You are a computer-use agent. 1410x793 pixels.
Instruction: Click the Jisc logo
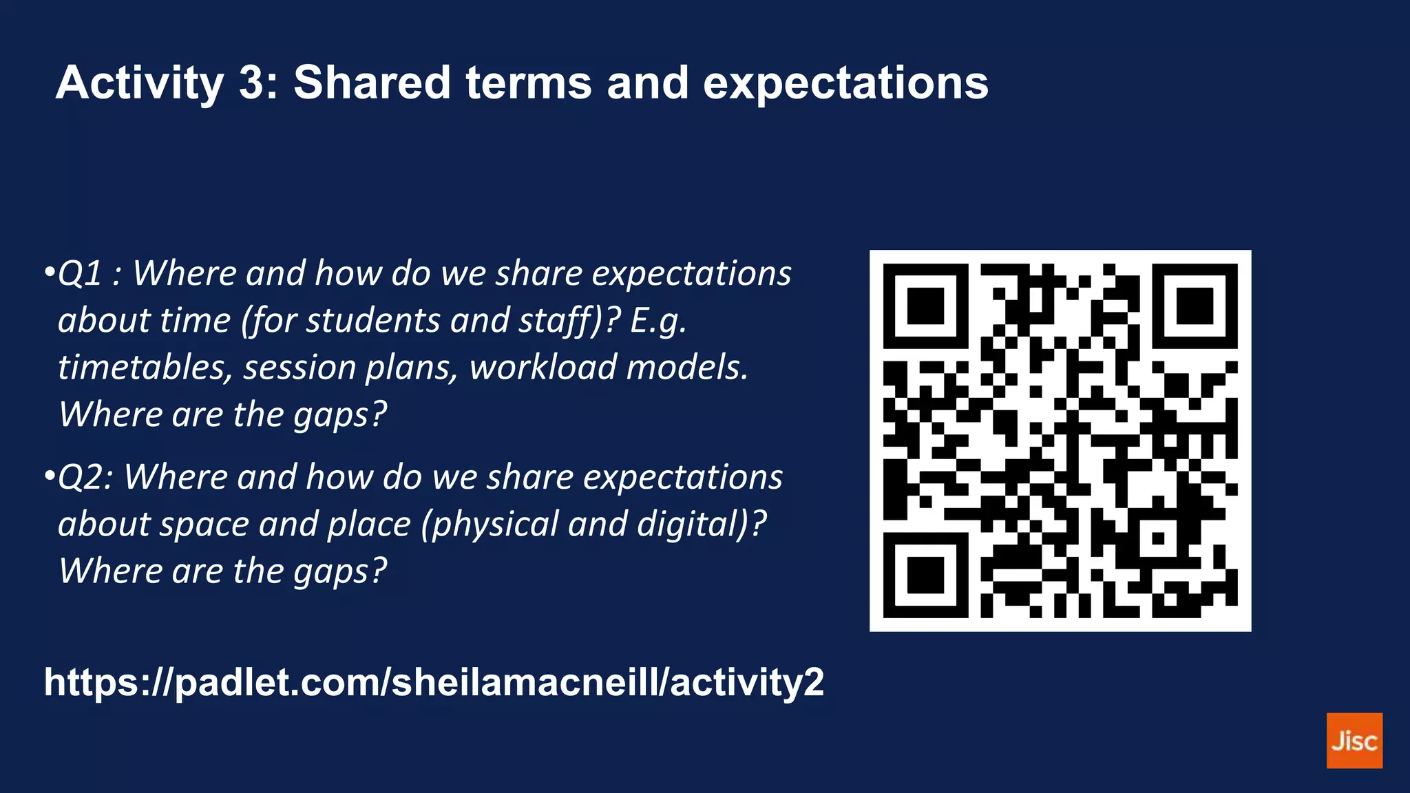[x=1354, y=740]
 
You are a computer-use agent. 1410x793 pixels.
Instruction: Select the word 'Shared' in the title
[x=372, y=83]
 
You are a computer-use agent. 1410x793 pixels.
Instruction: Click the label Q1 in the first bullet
[x=80, y=273]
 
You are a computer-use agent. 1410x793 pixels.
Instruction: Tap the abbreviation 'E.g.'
[x=657, y=321]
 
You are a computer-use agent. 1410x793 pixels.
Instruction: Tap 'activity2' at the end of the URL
[x=746, y=682]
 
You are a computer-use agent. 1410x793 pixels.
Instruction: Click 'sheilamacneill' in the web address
[x=524, y=682]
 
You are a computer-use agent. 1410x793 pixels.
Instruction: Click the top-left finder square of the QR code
[x=925, y=306]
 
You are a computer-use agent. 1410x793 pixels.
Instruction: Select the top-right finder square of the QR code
[x=1195, y=306]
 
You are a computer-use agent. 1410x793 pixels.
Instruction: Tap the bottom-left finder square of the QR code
[x=925, y=574]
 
